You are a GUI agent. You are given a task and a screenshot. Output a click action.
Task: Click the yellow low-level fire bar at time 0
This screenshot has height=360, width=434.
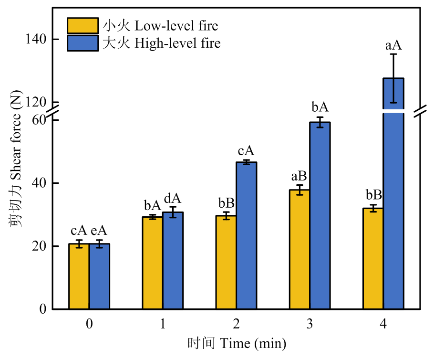pos(79,276)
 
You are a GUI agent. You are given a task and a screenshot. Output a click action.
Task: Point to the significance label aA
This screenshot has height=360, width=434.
pos(393,46)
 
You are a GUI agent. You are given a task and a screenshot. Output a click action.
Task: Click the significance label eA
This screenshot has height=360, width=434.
pos(99,231)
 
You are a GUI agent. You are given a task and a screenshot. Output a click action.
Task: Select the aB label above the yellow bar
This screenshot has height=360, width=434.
pos(300,177)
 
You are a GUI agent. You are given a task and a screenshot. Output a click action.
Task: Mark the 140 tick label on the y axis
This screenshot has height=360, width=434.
pos(36,39)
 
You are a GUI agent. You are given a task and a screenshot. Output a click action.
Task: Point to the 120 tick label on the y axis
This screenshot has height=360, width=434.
pos(36,102)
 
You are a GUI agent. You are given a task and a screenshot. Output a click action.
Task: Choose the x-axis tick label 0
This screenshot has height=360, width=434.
pos(89,325)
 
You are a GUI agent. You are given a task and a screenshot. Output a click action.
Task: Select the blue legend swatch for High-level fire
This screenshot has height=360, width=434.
pos(83,43)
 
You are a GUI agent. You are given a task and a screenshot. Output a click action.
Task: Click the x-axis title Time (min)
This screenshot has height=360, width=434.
pos(237,343)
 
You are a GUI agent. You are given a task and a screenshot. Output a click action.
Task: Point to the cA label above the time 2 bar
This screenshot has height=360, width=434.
pos(246,151)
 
